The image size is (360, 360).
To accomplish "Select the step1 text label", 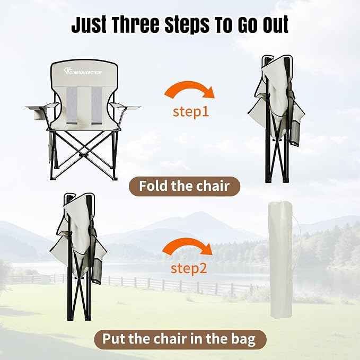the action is click(191, 112).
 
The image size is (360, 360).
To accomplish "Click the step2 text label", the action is click(189, 268).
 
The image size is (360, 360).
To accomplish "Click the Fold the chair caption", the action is click(185, 186).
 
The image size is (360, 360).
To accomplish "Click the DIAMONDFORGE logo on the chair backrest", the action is click(83, 72).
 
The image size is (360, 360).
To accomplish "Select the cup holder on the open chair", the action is click(38, 115).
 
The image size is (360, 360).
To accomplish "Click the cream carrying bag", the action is click(280, 259).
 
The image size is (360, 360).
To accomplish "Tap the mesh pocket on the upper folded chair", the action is click(295, 134).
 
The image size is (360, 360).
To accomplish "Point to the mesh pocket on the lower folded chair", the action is click(96, 271).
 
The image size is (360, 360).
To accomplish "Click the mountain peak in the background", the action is click(198, 214).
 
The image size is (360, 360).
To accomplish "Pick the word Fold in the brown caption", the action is click(154, 186).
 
